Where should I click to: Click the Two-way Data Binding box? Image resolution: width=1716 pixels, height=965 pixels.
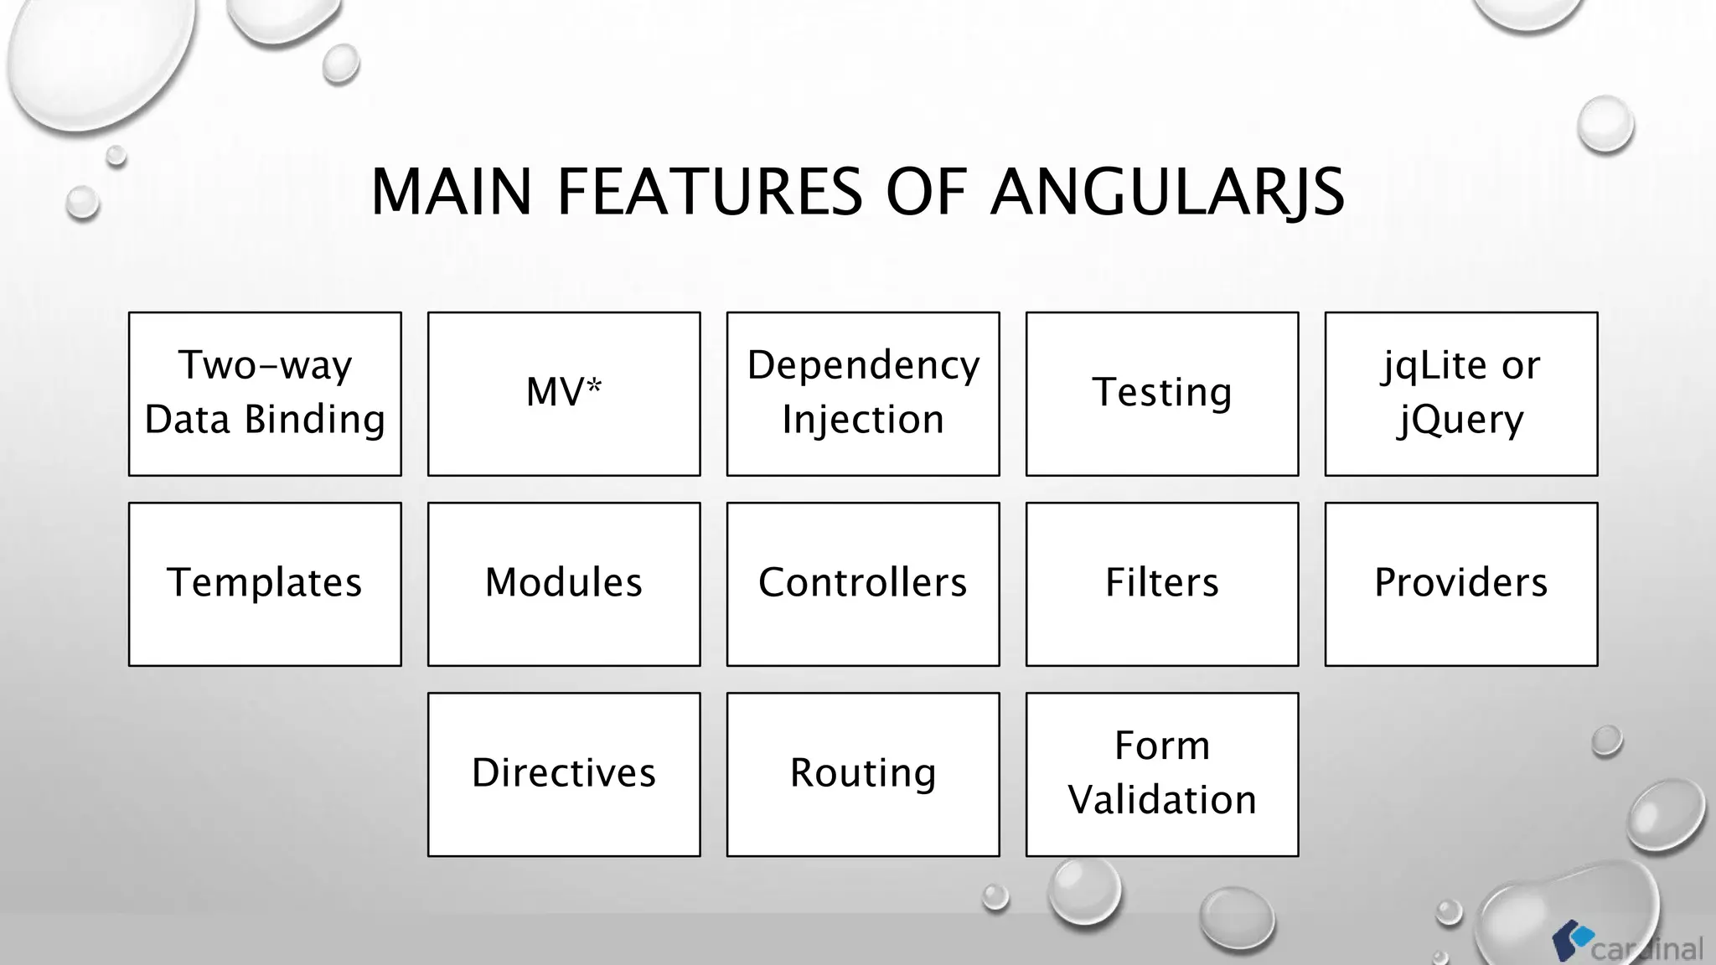pyautogui.click(x=265, y=394)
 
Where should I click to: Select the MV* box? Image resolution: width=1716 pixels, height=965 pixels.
pyautogui.click(x=564, y=394)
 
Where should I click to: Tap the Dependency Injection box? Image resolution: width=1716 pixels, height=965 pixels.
pyautogui.click(x=863, y=394)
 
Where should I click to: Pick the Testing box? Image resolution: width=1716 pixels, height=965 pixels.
pyautogui.click(x=1162, y=394)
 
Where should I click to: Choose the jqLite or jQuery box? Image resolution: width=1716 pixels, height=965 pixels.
pyautogui.click(x=1461, y=394)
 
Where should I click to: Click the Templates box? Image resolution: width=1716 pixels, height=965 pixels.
pyautogui.click(x=265, y=584)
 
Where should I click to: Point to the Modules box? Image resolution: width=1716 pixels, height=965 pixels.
pyautogui.click(x=564, y=584)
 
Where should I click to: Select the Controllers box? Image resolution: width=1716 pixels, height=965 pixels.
pyautogui.click(x=863, y=584)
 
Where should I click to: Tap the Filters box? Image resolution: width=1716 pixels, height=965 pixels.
pyautogui.click(x=1162, y=584)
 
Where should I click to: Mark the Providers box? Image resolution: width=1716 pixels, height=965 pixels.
pyautogui.click(x=1461, y=584)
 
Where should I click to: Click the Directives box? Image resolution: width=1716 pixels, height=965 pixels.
pyautogui.click(x=564, y=774)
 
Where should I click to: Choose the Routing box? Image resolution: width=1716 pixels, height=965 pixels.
pyautogui.click(x=863, y=774)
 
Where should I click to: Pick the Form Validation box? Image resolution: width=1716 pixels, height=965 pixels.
pyautogui.click(x=1162, y=774)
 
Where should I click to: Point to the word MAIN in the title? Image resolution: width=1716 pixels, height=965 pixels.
pyautogui.click(x=451, y=193)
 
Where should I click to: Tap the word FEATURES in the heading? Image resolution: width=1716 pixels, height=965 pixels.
pyautogui.click(x=709, y=193)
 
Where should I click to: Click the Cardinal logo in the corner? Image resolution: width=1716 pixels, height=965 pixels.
pyautogui.click(x=1626, y=943)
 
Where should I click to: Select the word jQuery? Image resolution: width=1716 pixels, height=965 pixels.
pyautogui.click(x=1461, y=420)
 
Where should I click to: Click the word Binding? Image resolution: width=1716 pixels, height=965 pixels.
pyautogui.click(x=314, y=420)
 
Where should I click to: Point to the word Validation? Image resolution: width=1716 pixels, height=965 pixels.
pyautogui.click(x=1162, y=800)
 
